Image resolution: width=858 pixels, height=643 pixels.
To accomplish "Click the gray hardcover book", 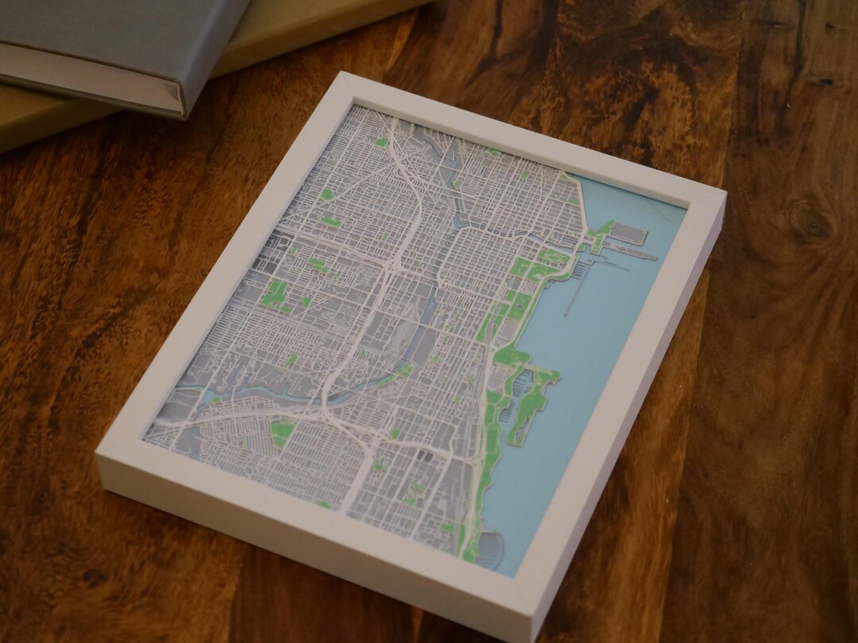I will point(103,48).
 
